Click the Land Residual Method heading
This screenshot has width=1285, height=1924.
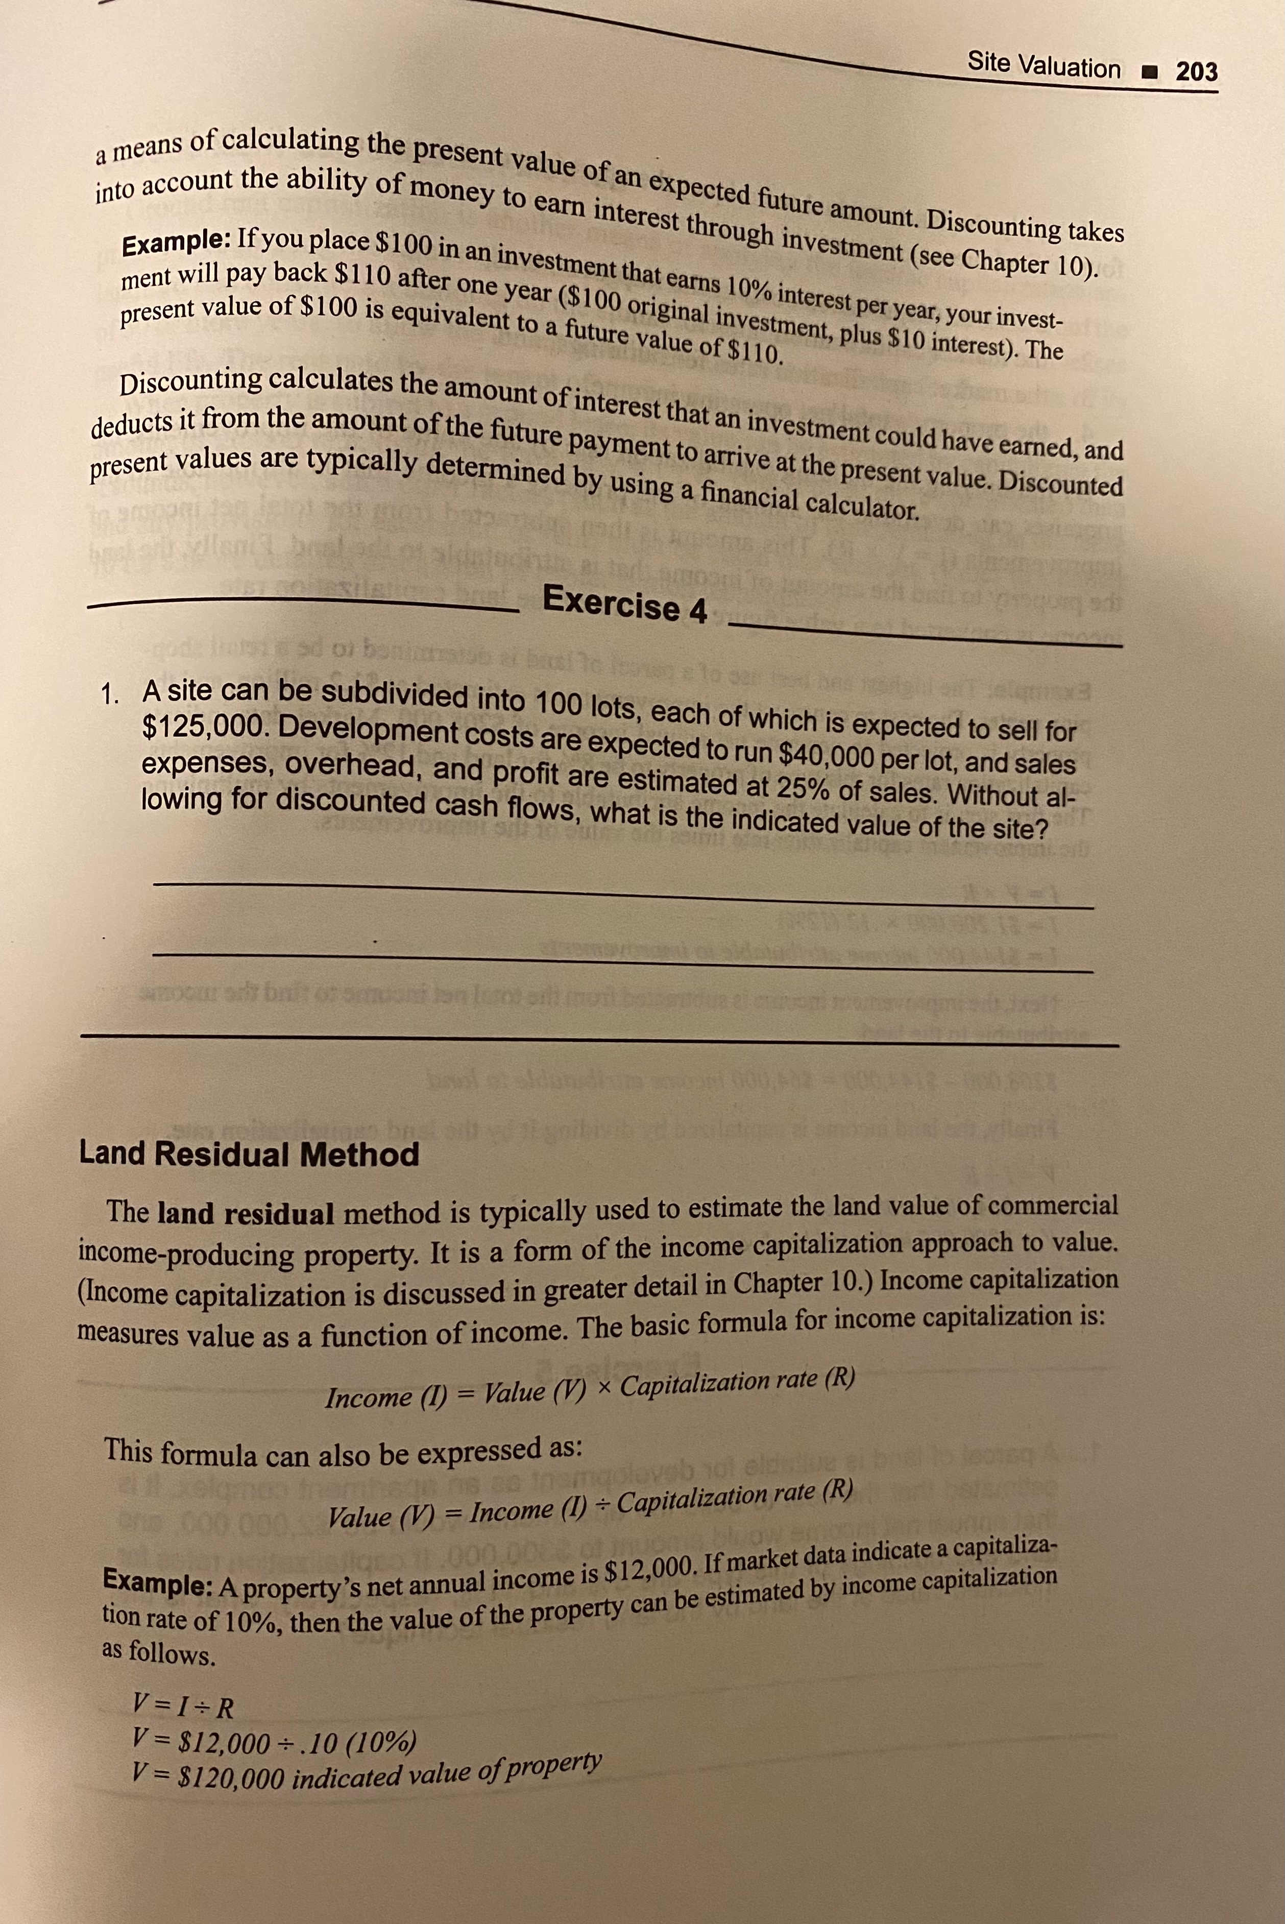click(249, 1155)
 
